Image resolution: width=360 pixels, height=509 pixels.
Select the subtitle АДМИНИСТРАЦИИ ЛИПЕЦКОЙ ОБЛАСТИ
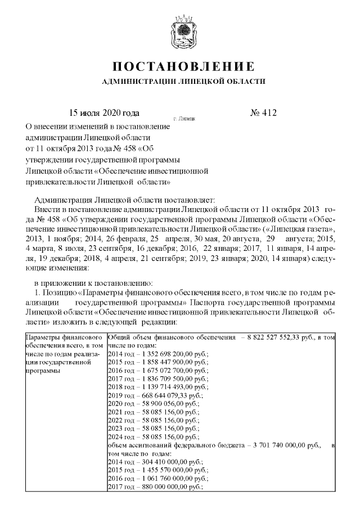(x=182, y=82)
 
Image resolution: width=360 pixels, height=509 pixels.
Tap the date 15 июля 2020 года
(x=104, y=113)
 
